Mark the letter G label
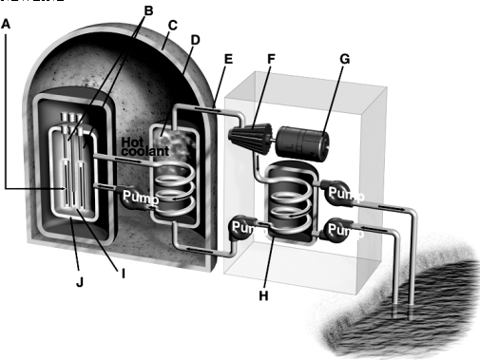pos(344,59)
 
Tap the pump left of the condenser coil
pos(243,228)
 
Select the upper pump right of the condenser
pos(342,193)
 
